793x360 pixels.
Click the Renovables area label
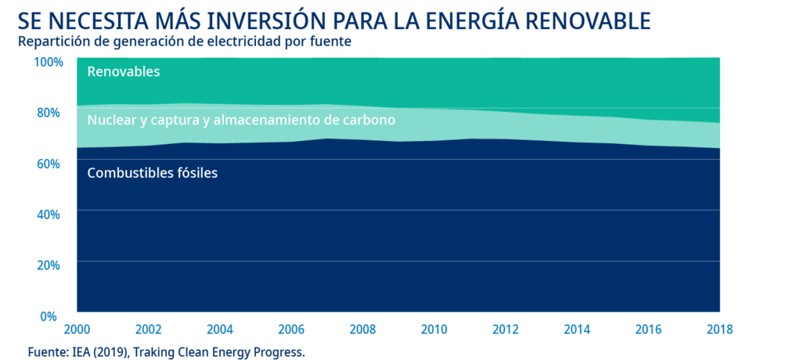pos(124,72)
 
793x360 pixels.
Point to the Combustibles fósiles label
pos(152,173)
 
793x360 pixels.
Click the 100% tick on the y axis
pos(48,62)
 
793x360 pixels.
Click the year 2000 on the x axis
pos(77,330)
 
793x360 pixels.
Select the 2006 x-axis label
pos(291,330)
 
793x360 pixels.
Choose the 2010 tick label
pos(434,330)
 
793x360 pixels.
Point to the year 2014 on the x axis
pos(577,330)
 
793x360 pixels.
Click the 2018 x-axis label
pos(719,330)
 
